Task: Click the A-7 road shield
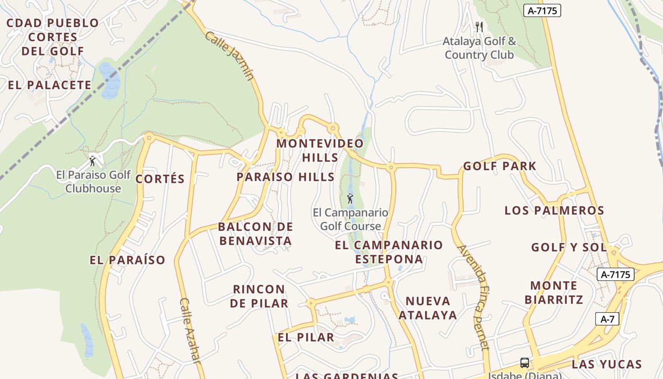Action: pos(607,319)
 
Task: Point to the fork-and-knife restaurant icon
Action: pos(479,27)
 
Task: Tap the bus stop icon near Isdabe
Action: pos(525,363)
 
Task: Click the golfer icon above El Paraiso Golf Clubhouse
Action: pos(92,161)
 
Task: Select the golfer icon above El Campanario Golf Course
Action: pos(350,198)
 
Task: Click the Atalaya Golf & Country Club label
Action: pos(479,48)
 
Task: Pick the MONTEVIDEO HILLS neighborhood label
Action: pos(320,150)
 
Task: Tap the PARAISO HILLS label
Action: pos(286,177)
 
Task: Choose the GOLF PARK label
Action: pos(500,166)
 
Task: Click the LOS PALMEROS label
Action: pos(554,210)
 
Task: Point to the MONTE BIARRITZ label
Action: pos(554,292)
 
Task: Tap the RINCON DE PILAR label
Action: pos(259,296)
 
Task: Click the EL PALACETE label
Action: pos(49,85)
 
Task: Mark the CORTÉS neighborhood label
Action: pos(160,179)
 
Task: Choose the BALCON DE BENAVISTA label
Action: pos(255,234)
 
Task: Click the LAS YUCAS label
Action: pos(607,364)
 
